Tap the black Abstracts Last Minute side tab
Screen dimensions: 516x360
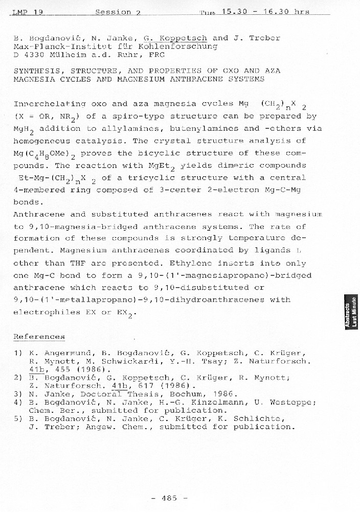click(351, 312)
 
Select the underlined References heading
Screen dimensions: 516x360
click(39, 337)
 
